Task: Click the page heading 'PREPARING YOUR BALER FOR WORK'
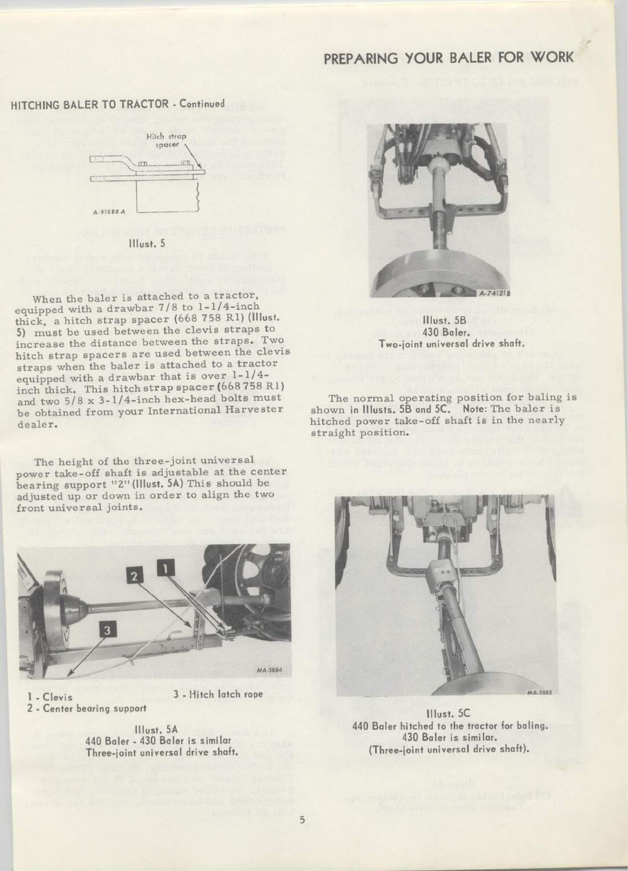(x=448, y=58)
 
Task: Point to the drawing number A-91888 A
(x=109, y=213)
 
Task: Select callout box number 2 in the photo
(x=135, y=576)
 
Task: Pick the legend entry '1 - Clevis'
(x=50, y=697)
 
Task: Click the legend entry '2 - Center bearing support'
(x=86, y=708)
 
